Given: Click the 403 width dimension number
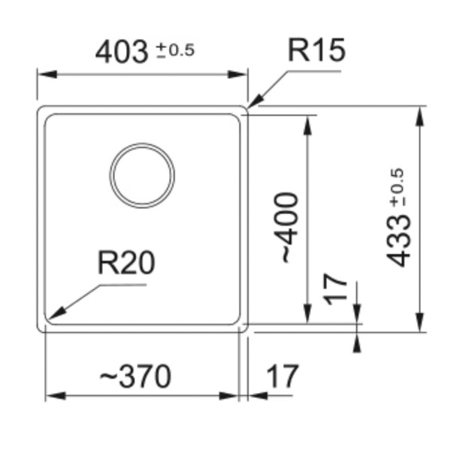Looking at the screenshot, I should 123,52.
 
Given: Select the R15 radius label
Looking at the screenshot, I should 316,51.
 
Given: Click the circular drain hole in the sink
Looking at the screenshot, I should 142,175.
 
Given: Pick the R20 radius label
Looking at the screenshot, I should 126,263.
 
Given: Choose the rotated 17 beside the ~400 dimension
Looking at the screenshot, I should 338,288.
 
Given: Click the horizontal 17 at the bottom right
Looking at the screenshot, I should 282,376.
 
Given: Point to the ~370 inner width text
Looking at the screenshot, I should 136,376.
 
